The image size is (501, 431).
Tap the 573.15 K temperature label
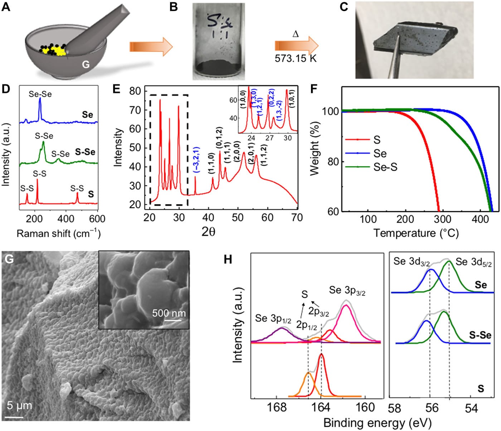point(296,58)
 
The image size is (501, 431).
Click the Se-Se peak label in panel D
point(40,94)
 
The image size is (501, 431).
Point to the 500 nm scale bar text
point(169,313)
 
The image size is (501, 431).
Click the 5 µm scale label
point(19,406)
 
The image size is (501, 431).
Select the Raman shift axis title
point(58,234)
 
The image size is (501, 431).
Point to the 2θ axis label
point(208,232)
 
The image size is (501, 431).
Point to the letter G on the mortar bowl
point(86,65)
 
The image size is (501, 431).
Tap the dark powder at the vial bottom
point(219,67)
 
